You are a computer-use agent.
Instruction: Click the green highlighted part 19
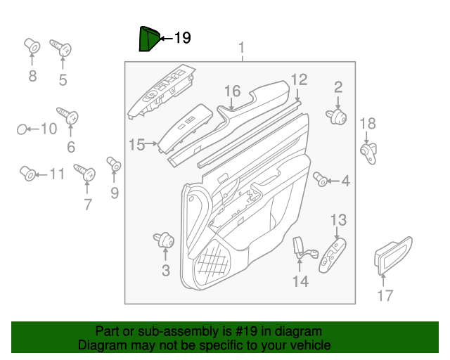pyautogui.click(x=148, y=39)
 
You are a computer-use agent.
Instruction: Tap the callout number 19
pyautogui.click(x=181, y=38)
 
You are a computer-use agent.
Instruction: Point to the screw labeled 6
pyautogui.click(x=68, y=115)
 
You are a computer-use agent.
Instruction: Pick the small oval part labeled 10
pyautogui.click(x=22, y=129)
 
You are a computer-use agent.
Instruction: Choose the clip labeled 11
pyautogui.click(x=29, y=173)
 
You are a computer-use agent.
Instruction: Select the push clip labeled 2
pyautogui.click(x=337, y=117)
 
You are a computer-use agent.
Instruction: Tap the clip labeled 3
pyautogui.click(x=165, y=240)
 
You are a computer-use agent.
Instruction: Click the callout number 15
pyautogui.click(x=136, y=145)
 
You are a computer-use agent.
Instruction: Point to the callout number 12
pyautogui.click(x=299, y=79)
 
